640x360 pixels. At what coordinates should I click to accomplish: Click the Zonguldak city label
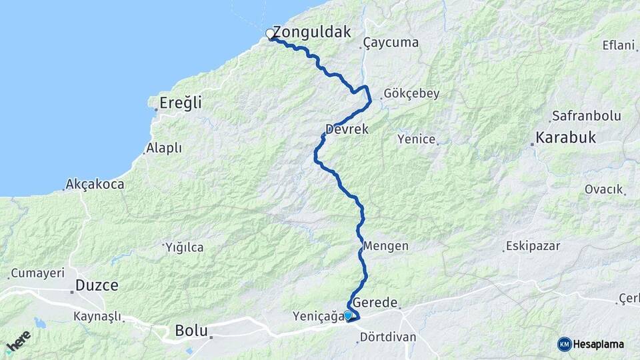pyautogui.click(x=311, y=32)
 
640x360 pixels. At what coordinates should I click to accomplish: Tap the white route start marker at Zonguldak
pyautogui.click(x=270, y=33)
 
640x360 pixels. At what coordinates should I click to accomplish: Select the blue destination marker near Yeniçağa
pyautogui.click(x=347, y=315)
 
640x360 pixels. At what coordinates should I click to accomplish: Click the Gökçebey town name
pyautogui.click(x=411, y=94)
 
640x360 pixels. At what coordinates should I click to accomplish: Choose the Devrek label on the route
pyautogui.click(x=347, y=129)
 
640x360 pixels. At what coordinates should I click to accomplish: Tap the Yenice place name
pyautogui.click(x=416, y=139)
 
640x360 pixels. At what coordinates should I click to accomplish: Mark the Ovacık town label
pyautogui.click(x=603, y=189)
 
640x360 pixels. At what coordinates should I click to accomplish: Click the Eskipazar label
pyautogui.click(x=533, y=246)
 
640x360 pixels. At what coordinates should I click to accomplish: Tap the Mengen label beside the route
pyautogui.click(x=386, y=246)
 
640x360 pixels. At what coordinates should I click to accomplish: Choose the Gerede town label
pyautogui.click(x=378, y=301)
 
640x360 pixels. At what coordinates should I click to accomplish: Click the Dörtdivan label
pyautogui.click(x=387, y=337)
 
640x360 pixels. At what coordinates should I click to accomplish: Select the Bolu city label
pyautogui.click(x=191, y=330)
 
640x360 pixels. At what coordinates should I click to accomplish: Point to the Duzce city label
pyautogui.click(x=97, y=285)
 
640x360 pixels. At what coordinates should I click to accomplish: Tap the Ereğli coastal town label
pyautogui.click(x=180, y=103)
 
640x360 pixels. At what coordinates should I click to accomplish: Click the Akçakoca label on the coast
pyautogui.click(x=95, y=184)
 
